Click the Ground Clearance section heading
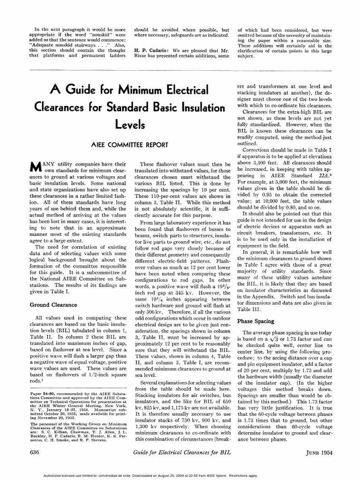(x=51, y=304)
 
